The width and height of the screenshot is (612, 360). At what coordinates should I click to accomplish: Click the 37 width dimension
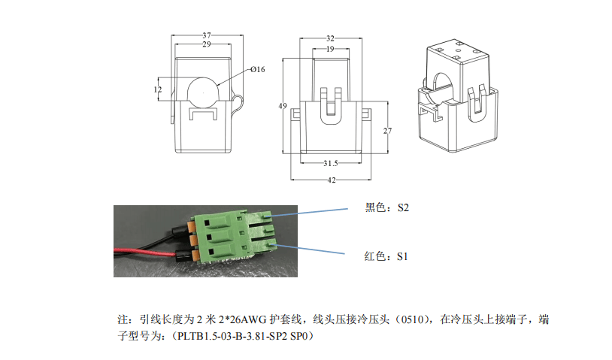point(206,35)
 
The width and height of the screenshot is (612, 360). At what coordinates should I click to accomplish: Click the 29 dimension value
point(206,44)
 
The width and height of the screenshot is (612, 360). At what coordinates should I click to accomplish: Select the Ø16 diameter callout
point(256,70)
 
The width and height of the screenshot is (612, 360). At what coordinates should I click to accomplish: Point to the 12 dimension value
point(157,89)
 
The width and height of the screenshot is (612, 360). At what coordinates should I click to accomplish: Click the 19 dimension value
point(330,49)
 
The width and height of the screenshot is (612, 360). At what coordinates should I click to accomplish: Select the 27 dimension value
point(387,130)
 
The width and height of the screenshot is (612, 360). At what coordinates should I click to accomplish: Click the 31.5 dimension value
point(330,162)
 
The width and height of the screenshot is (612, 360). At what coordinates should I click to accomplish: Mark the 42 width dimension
point(330,180)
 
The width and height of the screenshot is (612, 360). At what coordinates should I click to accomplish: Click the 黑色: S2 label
point(386,208)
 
